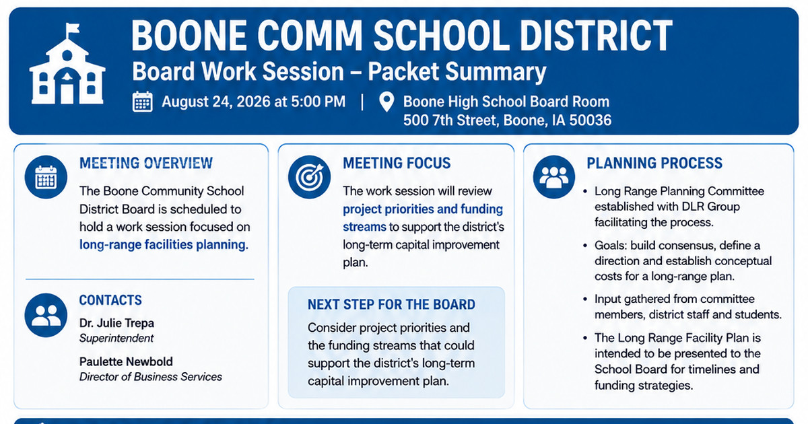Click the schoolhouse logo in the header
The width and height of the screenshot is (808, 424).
point(67,64)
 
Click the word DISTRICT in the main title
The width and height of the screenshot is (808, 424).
point(595,36)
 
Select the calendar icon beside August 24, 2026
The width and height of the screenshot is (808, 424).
point(143,102)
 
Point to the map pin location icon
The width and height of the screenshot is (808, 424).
point(386,102)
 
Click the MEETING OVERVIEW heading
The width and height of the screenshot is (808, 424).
point(146,164)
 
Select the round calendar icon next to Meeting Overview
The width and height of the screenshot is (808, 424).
point(46,177)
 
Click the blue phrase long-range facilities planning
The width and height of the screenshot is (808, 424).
point(164,245)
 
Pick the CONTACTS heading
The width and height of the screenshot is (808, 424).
point(110,300)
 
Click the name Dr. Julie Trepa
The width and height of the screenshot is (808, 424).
point(116,323)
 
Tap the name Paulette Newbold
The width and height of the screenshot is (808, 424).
point(126,361)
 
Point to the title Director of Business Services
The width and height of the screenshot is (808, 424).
point(150,377)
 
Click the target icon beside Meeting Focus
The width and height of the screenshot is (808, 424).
point(309,177)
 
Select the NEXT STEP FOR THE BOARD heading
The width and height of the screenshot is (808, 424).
point(391,305)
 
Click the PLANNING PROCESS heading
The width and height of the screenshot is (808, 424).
point(654,164)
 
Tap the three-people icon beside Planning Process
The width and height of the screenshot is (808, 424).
point(554,177)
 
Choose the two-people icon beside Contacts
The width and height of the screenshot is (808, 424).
point(46,316)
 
